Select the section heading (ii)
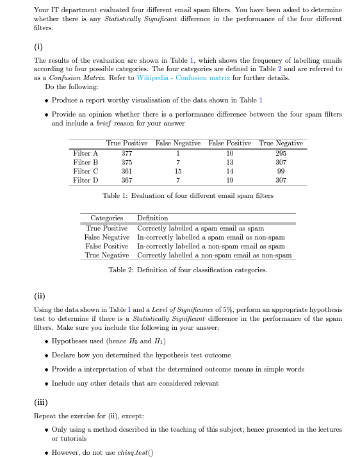tap(40, 295)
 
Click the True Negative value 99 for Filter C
tap(281, 171)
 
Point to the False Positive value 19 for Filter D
tap(229, 180)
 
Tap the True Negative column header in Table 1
tap(281, 143)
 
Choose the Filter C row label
tap(86, 171)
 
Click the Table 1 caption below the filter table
tap(188, 195)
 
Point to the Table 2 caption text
tap(188, 270)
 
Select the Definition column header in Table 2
tap(152, 218)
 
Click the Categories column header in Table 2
tap(106, 218)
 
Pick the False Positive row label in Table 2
tap(107, 246)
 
